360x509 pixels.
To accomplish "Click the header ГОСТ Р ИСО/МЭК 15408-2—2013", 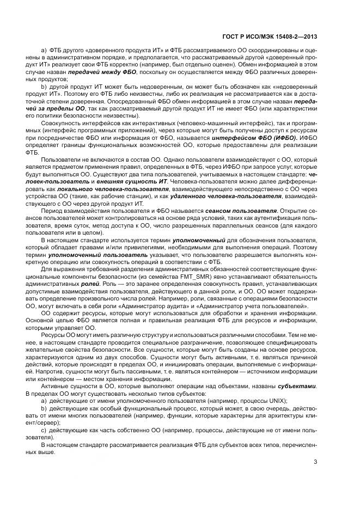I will pyautogui.click(x=270, y=37).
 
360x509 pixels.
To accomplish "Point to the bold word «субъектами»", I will pyautogui.click(x=297, y=385).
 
